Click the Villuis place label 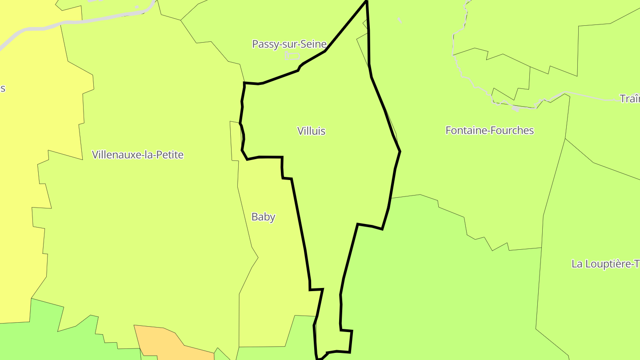coord(311,131)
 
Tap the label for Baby coord(263,217)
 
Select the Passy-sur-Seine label coord(289,44)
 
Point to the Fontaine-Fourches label coord(489,130)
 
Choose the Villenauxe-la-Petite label coord(137,155)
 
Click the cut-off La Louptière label coord(605,264)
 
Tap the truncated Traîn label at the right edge coord(630,99)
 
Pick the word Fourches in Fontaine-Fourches coord(512,130)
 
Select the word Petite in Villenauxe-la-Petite coord(171,155)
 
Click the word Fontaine coord(463,130)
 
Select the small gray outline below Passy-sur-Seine coord(292,56)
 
